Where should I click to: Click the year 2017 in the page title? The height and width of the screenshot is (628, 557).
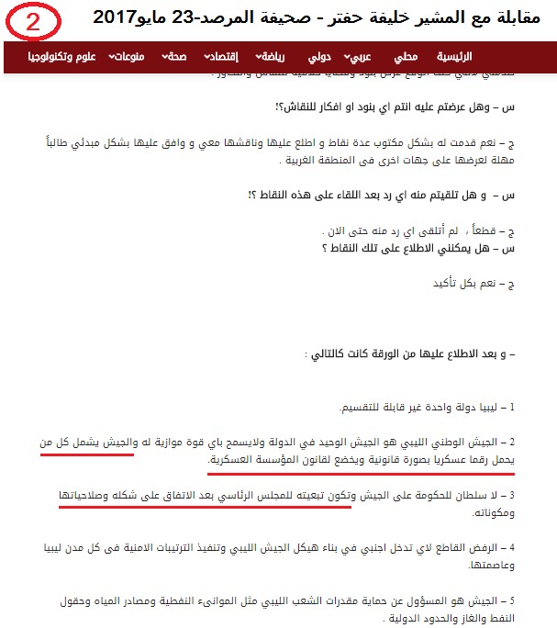(118, 17)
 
